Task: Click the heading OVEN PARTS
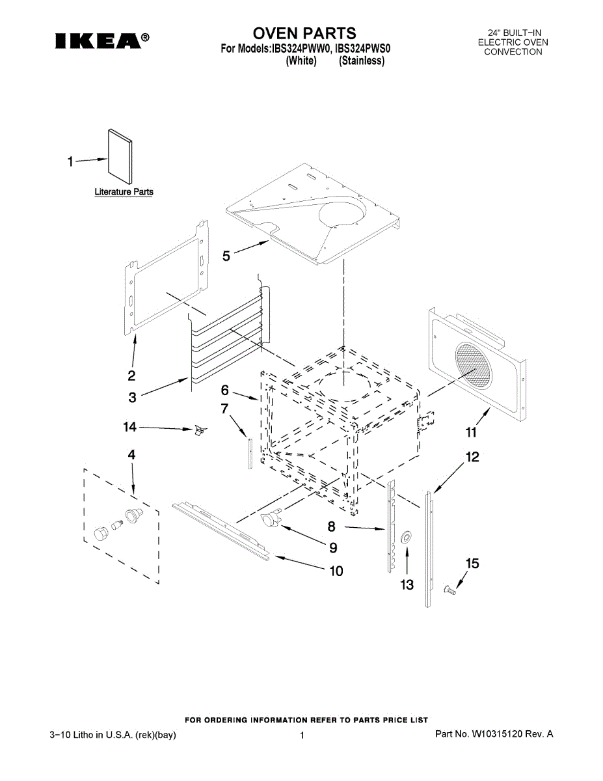pyautogui.click(x=304, y=33)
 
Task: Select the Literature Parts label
pyautogui.click(x=124, y=192)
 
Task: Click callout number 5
pyautogui.click(x=226, y=256)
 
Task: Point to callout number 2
pyautogui.click(x=131, y=375)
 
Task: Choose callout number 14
pyautogui.click(x=130, y=427)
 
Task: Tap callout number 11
pyautogui.click(x=470, y=432)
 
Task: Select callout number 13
pyautogui.click(x=407, y=585)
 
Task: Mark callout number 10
pyautogui.click(x=336, y=571)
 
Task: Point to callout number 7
pyautogui.click(x=224, y=409)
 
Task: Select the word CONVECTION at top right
pyautogui.click(x=513, y=52)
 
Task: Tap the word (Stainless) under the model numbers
pyautogui.click(x=362, y=61)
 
